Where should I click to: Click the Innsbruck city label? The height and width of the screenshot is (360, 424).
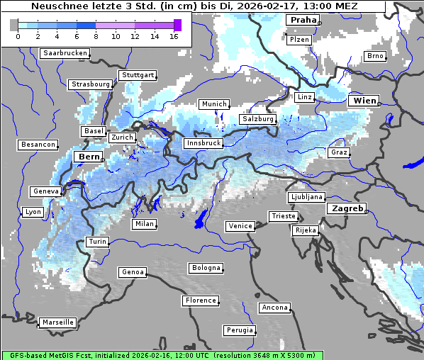click(x=203, y=143)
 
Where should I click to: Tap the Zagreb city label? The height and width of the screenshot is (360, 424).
click(x=347, y=208)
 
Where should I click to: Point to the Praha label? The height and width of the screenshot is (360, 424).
click(x=303, y=20)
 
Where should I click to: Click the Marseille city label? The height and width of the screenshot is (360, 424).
click(x=57, y=322)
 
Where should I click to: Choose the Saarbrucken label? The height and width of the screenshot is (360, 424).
click(x=65, y=53)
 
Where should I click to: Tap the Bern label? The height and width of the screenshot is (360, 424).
click(x=89, y=157)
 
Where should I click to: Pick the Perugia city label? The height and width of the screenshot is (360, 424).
click(x=240, y=330)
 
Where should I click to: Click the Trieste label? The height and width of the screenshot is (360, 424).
click(x=283, y=216)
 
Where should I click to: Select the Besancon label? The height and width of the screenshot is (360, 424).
click(x=38, y=145)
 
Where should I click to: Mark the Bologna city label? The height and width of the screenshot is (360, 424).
click(x=206, y=268)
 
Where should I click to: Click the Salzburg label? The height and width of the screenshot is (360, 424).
click(x=258, y=119)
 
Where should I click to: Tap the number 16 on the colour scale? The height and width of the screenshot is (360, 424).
click(x=174, y=35)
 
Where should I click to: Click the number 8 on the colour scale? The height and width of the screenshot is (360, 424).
click(x=96, y=35)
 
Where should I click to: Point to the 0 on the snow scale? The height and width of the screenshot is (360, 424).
click(x=18, y=35)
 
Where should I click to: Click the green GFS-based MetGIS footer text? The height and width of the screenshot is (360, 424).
click(x=162, y=355)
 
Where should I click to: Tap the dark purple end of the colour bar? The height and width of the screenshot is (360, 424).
click(x=177, y=25)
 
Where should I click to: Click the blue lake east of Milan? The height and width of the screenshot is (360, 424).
click(x=201, y=218)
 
